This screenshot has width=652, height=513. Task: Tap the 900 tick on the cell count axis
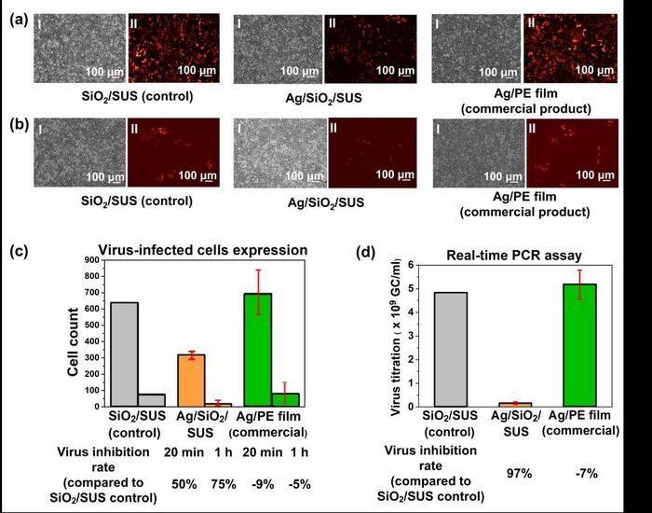[93, 264]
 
